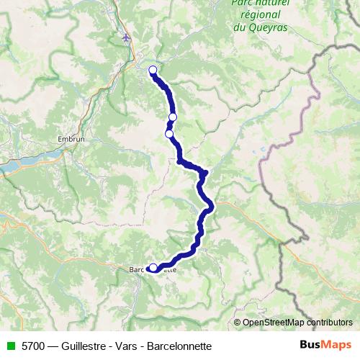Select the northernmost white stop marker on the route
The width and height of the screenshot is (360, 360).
coord(153,70)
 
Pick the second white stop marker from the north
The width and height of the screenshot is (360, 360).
coord(173,117)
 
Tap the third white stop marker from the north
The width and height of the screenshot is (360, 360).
coord(169,133)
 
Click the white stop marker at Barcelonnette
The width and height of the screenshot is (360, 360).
coord(153,268)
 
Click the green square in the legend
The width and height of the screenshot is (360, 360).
coord(9,345)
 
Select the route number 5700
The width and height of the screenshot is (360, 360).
coord(31,345)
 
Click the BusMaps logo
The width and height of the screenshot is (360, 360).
coord(321,346)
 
